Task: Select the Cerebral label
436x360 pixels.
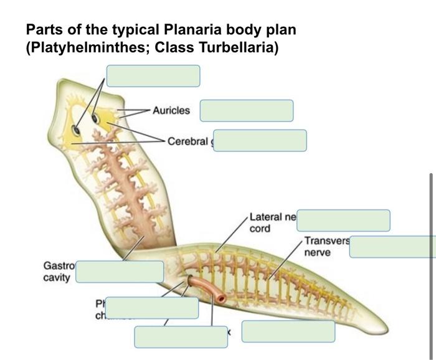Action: click(x=187, y=141)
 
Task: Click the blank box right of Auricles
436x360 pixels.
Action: click(x=246, y=111)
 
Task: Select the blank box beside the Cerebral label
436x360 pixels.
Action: click(x=260, y=140)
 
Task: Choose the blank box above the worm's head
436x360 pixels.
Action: click(x=153, y=75)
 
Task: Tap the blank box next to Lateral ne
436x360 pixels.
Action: click(x=343, y=220)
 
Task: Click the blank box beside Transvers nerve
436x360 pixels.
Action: click(x=392, y=247)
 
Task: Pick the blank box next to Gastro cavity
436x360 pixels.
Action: click(x=120, y=272)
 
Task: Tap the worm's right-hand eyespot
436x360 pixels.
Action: click(x=96, y=118)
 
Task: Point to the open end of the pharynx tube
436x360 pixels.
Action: click(x=219, y=299)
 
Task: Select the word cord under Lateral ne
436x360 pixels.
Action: click(x=260, y=229)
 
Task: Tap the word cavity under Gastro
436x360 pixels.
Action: click(x=56, y=277)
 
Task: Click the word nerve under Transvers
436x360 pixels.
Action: click(x=318, y=253)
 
